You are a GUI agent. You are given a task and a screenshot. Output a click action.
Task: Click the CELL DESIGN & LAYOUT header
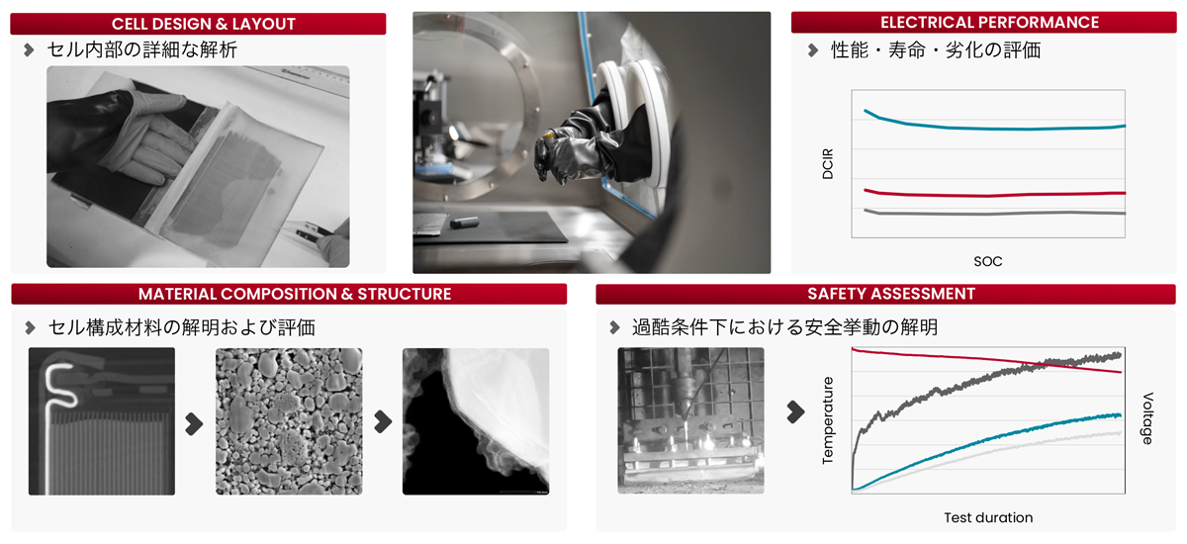tap(204, 24)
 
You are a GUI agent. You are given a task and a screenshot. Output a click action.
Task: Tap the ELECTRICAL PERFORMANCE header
tap(989, 22)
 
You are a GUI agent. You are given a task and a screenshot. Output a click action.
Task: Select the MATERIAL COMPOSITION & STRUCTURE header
tap(295, 294)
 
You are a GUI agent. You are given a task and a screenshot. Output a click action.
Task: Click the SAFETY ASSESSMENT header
tap(891, 294)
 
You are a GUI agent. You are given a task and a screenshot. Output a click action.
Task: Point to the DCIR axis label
tap(827, 163)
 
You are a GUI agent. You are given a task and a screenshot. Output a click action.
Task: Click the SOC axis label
tap(988, 261)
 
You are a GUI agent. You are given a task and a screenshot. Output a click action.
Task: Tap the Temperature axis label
tap(827, 420)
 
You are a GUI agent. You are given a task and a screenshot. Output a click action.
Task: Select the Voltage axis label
tap(1147, 418)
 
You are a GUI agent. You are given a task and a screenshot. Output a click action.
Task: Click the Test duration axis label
tap(988, 517)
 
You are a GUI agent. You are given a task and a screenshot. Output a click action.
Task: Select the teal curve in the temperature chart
tap(985, 441)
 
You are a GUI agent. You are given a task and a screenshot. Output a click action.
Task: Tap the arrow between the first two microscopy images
tap(194, 423)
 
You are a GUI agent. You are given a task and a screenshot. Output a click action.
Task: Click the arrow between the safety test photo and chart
tap(795, 412)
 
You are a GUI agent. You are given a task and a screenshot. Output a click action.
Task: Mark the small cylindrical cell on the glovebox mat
tap(464, 223)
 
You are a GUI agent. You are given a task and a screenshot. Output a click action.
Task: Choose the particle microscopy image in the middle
tap(289, 421)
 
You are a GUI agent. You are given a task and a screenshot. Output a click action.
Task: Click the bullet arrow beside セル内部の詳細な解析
tap(29, 50)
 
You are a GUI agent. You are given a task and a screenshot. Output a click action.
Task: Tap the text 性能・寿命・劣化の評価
tap(936, 50)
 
